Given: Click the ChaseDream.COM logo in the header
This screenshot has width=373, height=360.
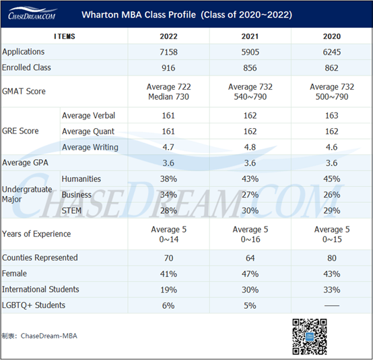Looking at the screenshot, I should pos(32,14).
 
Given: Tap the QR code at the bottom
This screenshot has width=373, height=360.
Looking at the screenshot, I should pos(309,336).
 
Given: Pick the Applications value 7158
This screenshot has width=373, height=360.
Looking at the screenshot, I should pos(168,52).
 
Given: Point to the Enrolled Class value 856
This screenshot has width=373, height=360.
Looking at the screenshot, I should pos(250,68).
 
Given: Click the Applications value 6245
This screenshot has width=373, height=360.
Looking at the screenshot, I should pos(331,52).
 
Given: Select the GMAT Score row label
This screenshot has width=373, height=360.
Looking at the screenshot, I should pos(24,91).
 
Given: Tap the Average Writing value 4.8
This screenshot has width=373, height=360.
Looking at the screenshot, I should pos(250,148).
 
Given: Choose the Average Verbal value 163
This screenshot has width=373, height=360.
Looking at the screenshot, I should pos(331,116).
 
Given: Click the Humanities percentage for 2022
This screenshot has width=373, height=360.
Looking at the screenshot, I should pos(168,179).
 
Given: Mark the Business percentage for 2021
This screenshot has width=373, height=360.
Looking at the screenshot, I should pos(250,196).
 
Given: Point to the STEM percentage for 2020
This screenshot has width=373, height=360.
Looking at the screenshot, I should pos(331,212).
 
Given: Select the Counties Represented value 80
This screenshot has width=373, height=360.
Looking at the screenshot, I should pos(331,258).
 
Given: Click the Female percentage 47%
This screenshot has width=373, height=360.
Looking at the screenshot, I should pos(250,274).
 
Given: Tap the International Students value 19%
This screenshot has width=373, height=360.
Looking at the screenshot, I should pos(168,290).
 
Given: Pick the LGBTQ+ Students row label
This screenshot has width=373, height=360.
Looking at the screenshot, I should pos(34,305).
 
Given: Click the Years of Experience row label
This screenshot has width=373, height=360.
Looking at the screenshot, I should pos(36,235).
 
